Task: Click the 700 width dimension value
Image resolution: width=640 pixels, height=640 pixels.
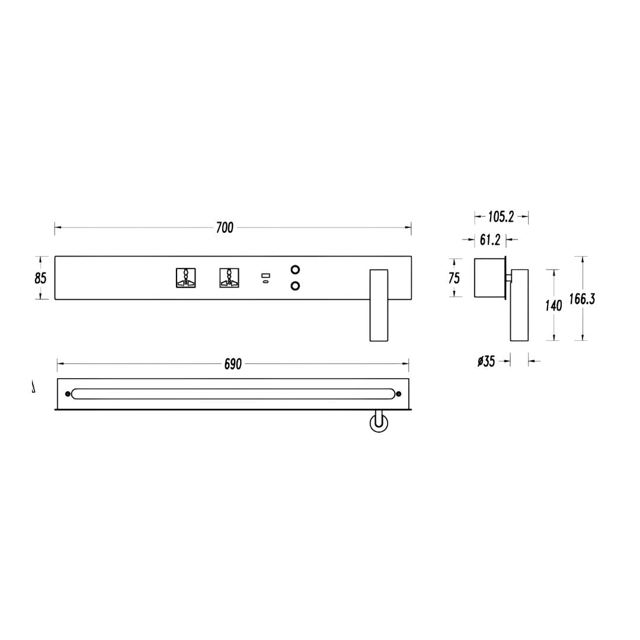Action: pos(225,228)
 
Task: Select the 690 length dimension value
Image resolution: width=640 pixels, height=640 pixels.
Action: pos(233,364)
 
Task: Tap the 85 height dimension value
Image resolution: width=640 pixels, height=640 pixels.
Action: pos(40,278)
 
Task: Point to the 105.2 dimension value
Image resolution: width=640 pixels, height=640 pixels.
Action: pos(501,217)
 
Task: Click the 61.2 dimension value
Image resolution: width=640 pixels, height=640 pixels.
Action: pos(490,240)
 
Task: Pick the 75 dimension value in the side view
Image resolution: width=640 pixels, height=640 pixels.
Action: pos(454,278)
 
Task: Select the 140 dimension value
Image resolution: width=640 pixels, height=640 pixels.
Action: pos(553,305)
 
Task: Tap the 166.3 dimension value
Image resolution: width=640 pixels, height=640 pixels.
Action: pos(583,299)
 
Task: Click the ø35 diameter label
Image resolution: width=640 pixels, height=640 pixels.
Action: pos(486,361)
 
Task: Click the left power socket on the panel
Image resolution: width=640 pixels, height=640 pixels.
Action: pos(185,278)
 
